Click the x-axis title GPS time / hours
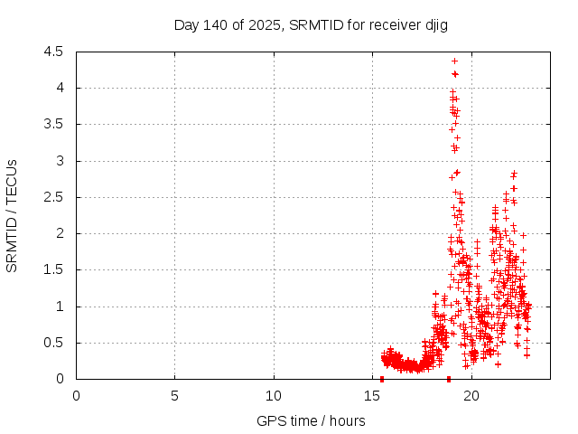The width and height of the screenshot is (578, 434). [x=311, y=420]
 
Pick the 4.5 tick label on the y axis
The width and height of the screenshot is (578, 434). [x=53, y=52]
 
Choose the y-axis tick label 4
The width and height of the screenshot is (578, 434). [x=59, y=89]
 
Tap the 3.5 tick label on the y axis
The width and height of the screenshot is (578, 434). [x=53, y=125]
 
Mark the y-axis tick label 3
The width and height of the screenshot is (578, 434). [x=59, y=161]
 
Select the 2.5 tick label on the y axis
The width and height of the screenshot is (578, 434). [x=53, y=197]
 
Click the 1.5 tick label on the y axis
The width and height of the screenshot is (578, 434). [x=53, y=270]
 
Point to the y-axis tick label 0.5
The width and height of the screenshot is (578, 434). [x=53, y=343]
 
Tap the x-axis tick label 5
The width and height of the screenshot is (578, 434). [x=174, y=395]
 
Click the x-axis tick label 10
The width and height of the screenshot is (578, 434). [x=274, y=395]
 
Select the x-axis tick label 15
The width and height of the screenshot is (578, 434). [x=373, y=395]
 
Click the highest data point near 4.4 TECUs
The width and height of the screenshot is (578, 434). [x=454, y=61]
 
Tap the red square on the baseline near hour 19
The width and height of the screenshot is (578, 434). [x=449, y=379]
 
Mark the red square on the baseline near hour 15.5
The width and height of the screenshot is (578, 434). [x=382, y=379]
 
